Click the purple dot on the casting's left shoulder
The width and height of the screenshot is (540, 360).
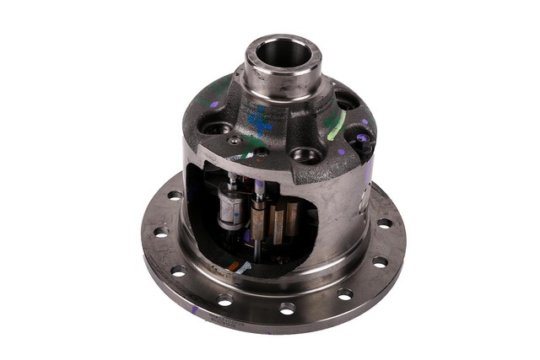click(x=214, y=105)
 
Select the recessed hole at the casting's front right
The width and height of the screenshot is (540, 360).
click(x=306, y=155)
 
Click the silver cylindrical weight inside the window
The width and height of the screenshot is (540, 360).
click(x=229, y=208)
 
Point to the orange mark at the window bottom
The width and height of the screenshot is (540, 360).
click(x=234, y=266)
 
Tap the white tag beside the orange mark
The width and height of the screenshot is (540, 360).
click(x=244, y=267)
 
